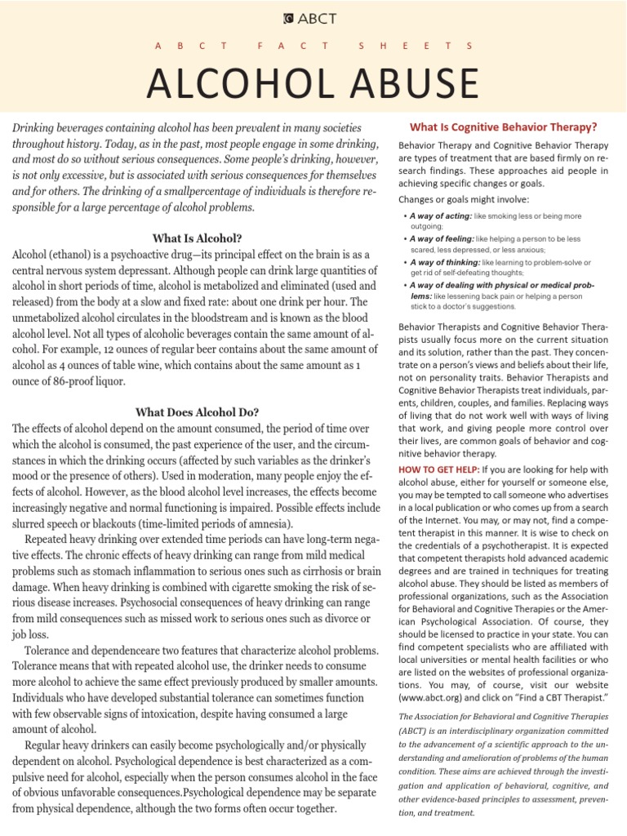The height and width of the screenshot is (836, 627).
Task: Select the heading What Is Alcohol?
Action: point(197,238)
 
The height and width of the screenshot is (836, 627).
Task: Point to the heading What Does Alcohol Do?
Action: point(197,411)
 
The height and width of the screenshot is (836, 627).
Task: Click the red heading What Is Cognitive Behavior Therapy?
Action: point(503,127)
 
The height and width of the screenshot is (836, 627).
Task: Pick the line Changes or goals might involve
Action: point(464,198)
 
